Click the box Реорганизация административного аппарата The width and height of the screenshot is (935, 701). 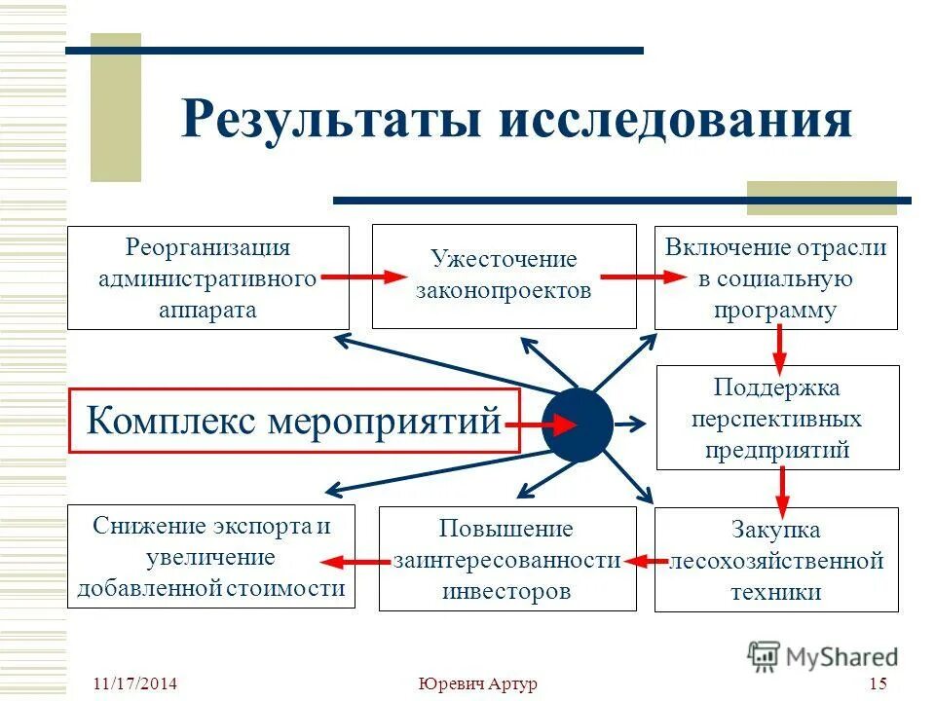(x=207, y=278)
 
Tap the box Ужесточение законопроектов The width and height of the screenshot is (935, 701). (x=504, y=277)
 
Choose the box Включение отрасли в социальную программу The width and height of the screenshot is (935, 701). (x=776, y=278)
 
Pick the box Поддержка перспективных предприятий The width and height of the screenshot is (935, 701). (x=776, y=419)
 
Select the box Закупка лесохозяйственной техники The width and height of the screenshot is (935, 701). (x=776, y=560)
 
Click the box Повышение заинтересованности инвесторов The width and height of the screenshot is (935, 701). (x=505, y=560)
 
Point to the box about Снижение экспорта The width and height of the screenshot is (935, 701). (x=210, y=557)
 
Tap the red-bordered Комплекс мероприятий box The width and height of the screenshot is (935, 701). (x=293, y=423)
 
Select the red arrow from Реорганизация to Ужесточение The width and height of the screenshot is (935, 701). (x=361, y=277)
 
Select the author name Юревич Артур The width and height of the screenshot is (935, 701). (x=477, y=683)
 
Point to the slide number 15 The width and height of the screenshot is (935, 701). (x=878, y=683)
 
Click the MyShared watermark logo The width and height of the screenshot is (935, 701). (x=823, y=656)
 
